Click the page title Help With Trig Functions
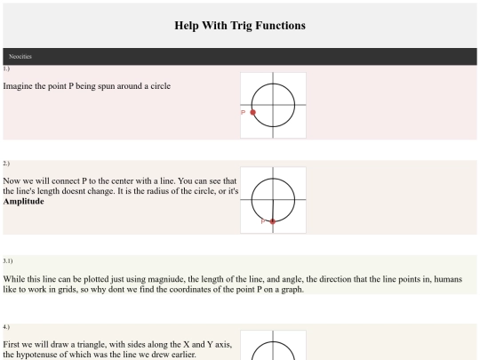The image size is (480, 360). click(240, 26)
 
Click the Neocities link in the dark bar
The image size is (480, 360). click(20, 56)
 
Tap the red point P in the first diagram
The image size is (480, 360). click(252, 112)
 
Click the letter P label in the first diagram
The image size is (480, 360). click(244, 112)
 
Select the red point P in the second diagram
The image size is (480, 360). click(273, 221)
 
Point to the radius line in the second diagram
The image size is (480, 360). click(273, 211)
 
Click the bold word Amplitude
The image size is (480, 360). click(24, 202)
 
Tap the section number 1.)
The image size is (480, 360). click(6, 68)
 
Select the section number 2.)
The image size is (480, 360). click(6, 164)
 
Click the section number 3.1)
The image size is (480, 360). click(8, 260)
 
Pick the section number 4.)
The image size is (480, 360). click(6, 327)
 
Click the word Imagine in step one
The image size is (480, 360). click(18, 86)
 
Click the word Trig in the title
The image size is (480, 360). click(241, 26)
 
